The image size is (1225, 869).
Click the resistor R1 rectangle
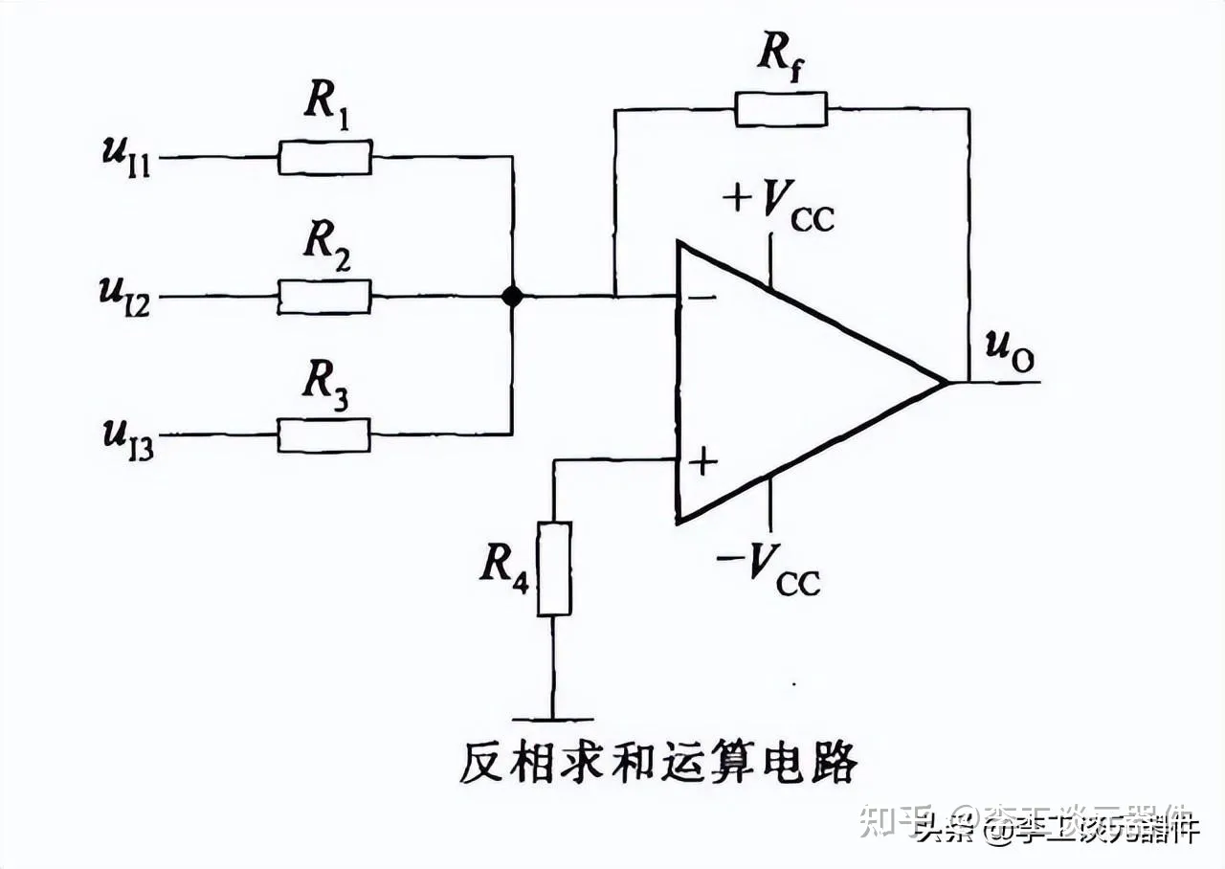coord(324,157)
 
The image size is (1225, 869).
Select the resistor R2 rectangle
coord(324,297)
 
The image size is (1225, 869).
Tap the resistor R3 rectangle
coord(324,434)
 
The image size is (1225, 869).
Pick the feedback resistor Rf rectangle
coord(781,109)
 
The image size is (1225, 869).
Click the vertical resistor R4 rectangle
coord(554,568)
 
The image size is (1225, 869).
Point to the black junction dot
coord(513,297)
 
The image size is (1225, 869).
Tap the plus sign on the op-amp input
coord(703,462)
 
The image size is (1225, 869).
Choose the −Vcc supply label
coord(768,568)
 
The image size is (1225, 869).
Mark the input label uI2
coord(128,289)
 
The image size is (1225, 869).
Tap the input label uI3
coord(128,436)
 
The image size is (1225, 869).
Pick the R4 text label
coord(505,567)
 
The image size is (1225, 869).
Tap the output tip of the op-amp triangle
coord(946,383)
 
